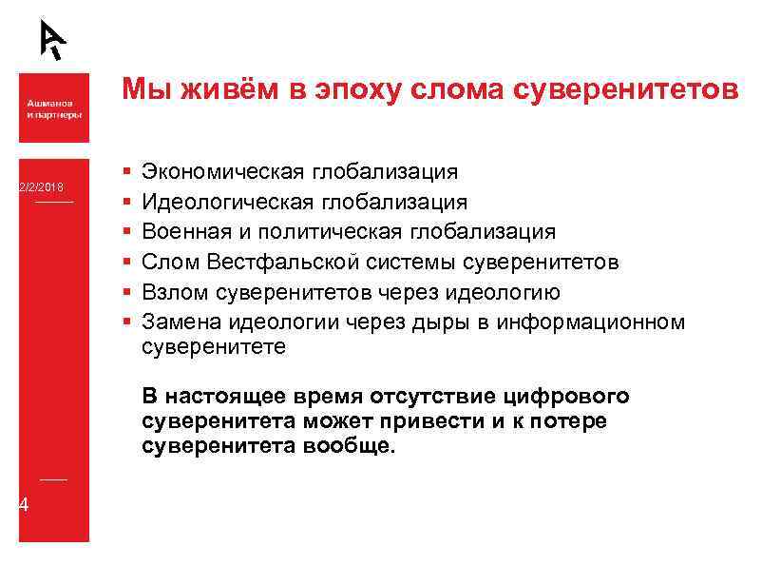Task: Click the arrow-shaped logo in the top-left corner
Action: point(53,38)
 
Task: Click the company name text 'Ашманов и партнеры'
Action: point(53,107)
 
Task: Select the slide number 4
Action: point(24,504)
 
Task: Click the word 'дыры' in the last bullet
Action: point(436,322)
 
